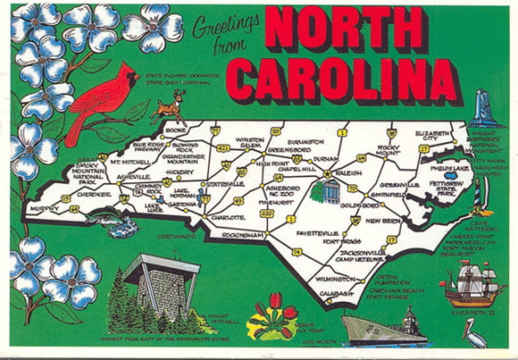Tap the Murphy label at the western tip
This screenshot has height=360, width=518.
tap(44, 208)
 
